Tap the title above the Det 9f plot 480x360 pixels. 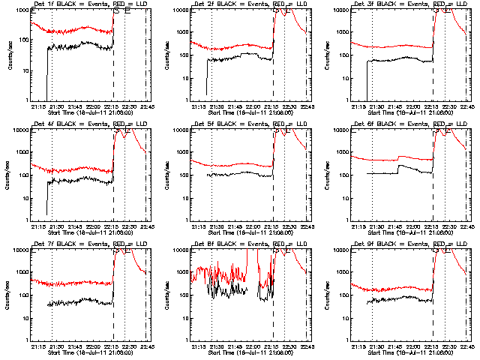tap(399, 244)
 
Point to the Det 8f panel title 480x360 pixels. tap(238, 244)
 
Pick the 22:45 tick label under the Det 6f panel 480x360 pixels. tap(466, 226)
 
